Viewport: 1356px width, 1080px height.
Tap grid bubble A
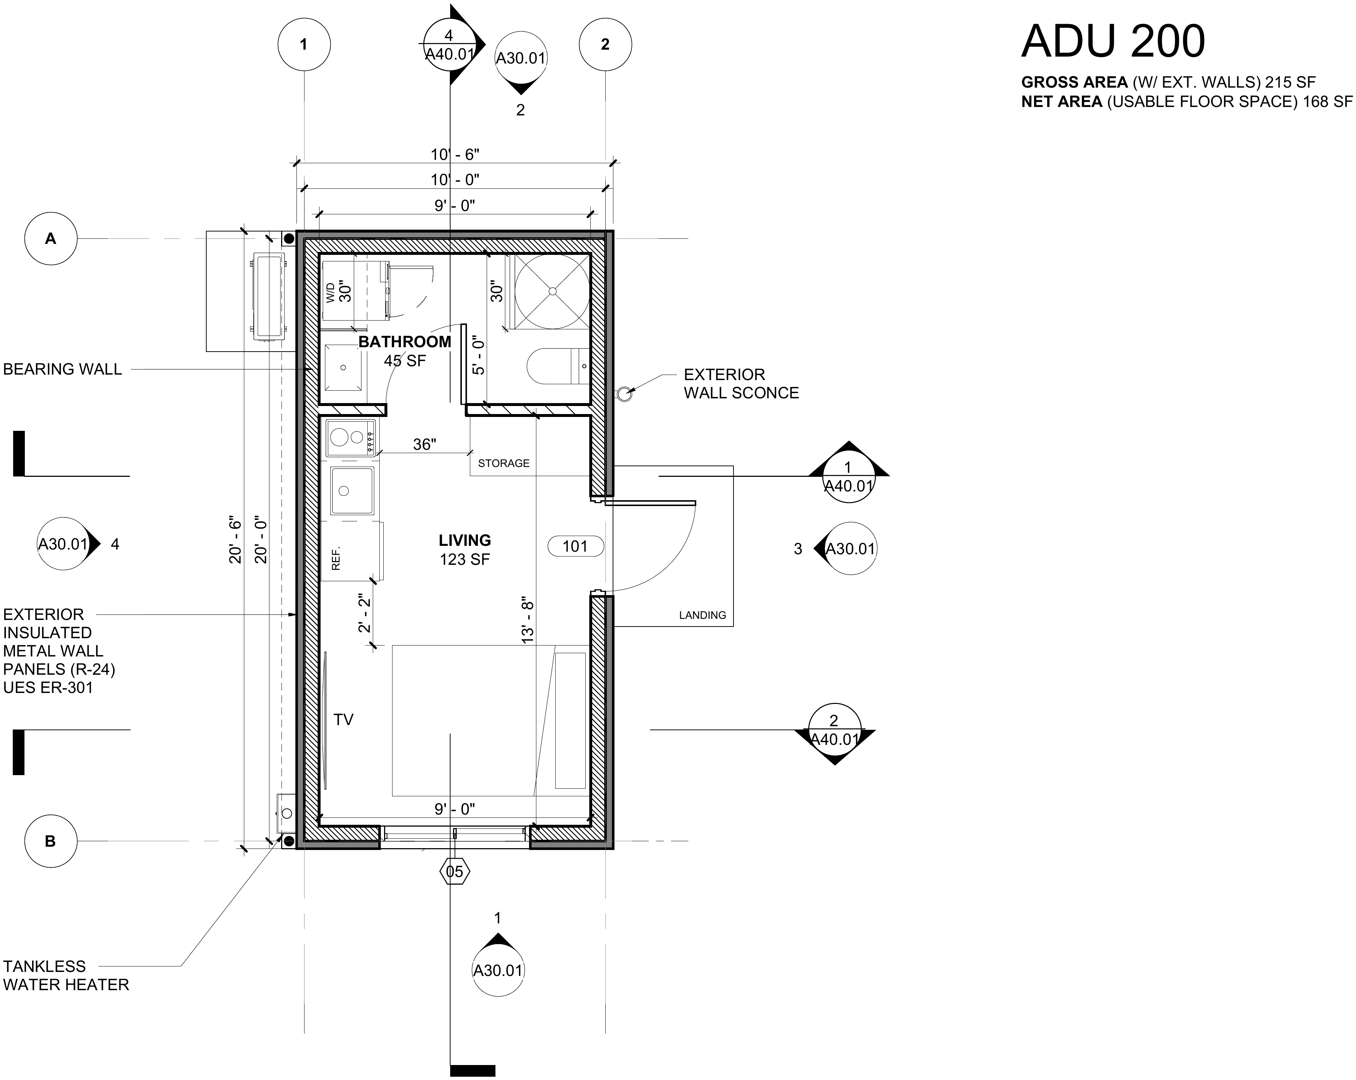[x=50, y=239]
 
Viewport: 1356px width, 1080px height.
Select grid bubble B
[x=50, y=842]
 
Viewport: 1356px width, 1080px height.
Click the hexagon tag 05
[x=454, y=871]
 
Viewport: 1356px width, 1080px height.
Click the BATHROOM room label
[x=405, y=341]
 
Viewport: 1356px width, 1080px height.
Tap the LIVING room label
[x=465, y=540]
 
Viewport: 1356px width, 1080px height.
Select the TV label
[x=344, y=720]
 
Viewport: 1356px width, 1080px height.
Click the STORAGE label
[x=504, y=463]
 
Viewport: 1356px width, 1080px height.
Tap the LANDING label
[x=702, y=615]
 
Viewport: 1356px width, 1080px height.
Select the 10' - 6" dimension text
[x=455, y=155]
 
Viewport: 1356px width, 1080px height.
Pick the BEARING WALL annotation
[x=62, y=369]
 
